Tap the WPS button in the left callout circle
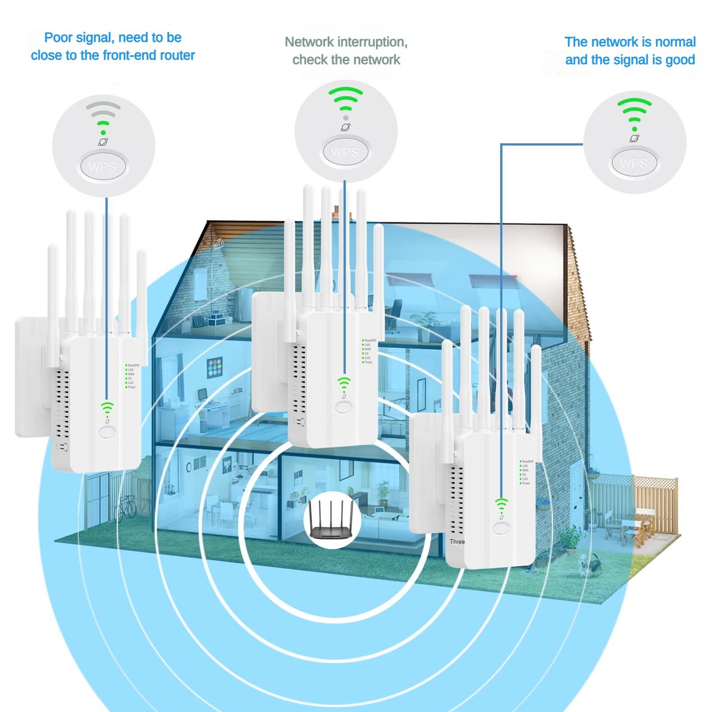point(103,167)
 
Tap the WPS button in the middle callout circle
point(345,152)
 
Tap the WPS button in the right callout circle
point(634,163)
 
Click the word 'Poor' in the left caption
point(59,38)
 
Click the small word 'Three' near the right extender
point(457,542)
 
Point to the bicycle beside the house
point(125,508)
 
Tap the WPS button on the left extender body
point(107,432)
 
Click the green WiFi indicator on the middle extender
point(344,383)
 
